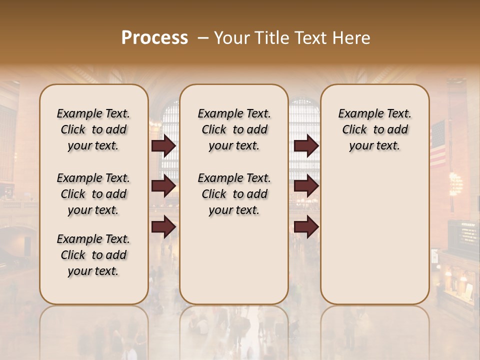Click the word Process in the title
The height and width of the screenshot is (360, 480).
pos(154,38)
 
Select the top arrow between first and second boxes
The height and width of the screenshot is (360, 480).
pos(163,146)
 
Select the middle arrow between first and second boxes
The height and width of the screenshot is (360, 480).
pos(163,186)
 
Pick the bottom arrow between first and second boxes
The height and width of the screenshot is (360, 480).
pos(163,227)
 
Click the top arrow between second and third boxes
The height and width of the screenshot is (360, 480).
pos(306,146)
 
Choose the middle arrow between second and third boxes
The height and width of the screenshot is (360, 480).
pos(306,186)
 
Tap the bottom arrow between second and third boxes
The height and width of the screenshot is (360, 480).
pos(306,227)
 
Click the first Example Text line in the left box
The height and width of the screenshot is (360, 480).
pos(93,113)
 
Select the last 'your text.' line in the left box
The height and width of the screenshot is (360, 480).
pos(93,271)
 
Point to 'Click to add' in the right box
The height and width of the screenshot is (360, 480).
pos(375,129)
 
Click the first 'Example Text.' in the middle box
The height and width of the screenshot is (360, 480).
pos(234,113)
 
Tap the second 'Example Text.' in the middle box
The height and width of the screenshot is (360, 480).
pos(234,178)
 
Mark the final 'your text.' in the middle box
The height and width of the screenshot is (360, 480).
pos(234,210)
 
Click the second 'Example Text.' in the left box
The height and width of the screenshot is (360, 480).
pos(93,178)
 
